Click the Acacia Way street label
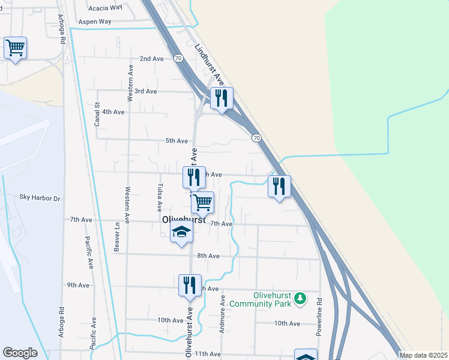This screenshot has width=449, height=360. (105, 8)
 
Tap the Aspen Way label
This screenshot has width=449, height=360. (97, 21)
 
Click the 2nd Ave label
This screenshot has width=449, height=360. (151, 59)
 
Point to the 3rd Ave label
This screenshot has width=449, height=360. (145, 91)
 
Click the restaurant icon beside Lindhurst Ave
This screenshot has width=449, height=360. (221, 98)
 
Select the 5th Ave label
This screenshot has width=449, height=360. (177, 141)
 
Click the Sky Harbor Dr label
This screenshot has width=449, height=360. (40, 197)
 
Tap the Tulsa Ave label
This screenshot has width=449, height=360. (160, 197)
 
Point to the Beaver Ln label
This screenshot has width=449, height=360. (117, 237)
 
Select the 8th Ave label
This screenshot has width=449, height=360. (208, 256)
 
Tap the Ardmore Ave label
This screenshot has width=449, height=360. (223, 310)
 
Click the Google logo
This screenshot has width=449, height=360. (20, 353)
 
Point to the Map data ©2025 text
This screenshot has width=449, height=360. (423, 355)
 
